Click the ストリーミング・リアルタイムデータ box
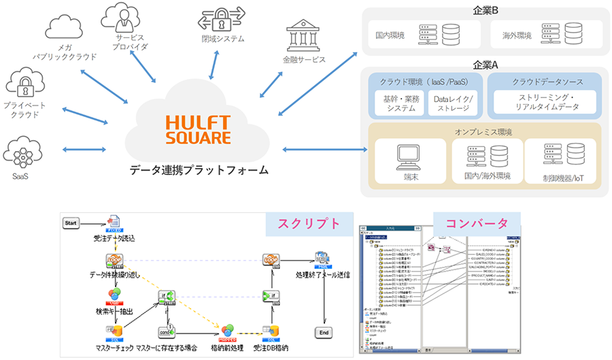coord(543,102)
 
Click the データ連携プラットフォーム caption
coord(198,169)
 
